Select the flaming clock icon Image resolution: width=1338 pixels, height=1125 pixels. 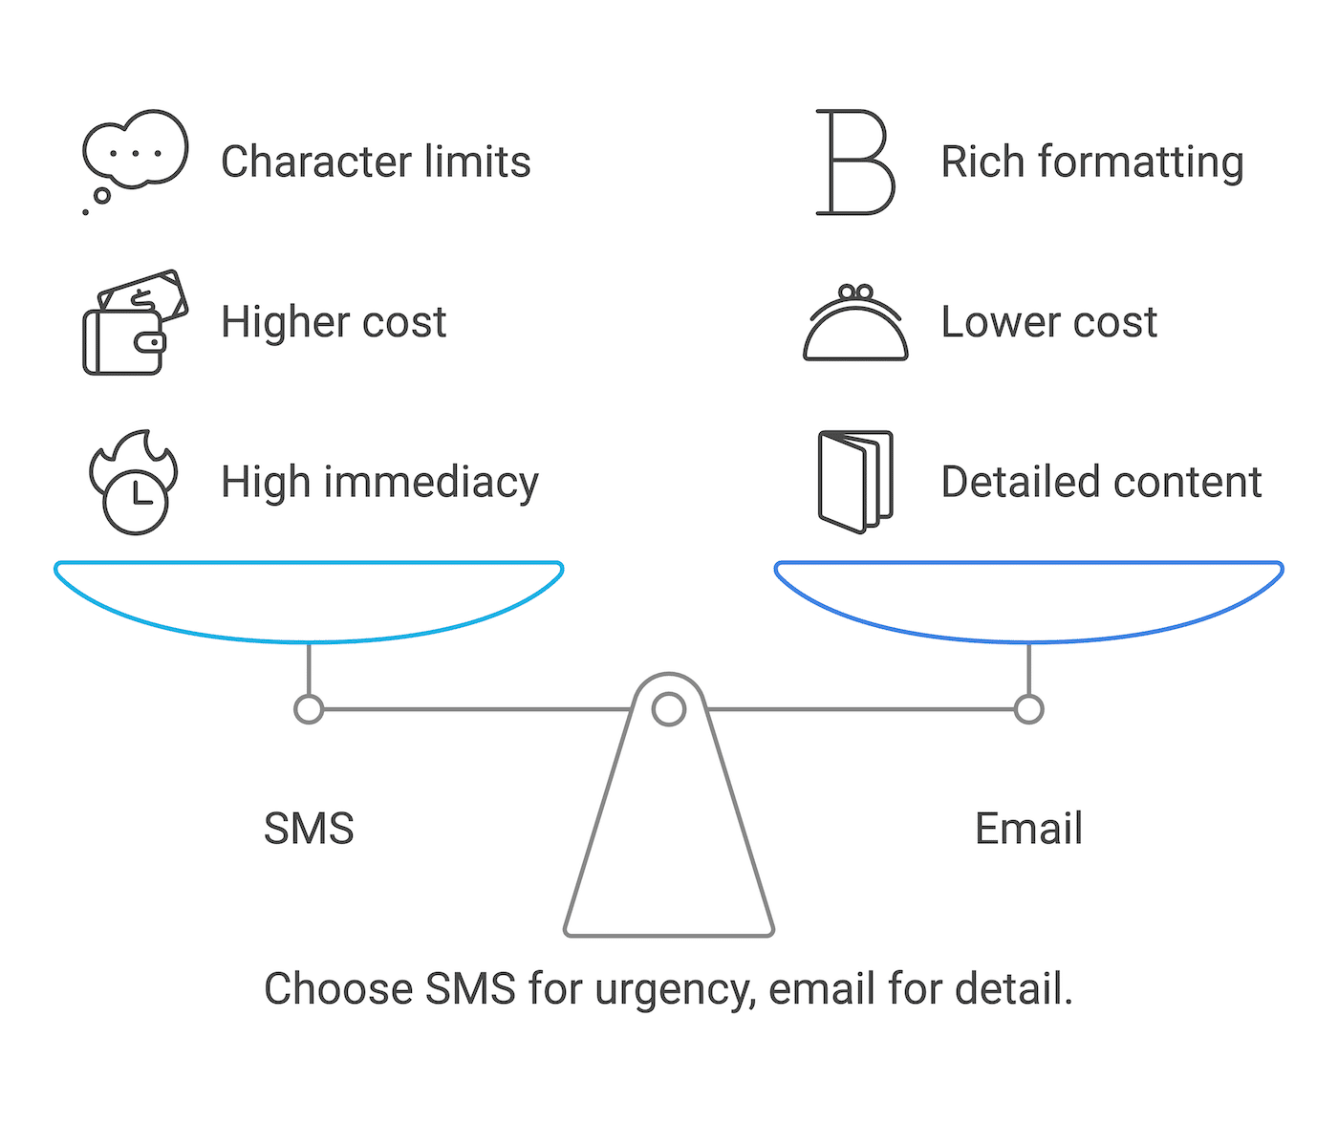pyautogui.click(x=135, y=483)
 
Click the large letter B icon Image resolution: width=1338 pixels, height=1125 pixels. pyautogui.click(x=854, y=162)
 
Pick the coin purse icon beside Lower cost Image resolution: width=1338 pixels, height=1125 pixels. pyautogui.click(x=855, y=325)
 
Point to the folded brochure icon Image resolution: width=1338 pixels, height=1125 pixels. pyautogui.click(x=855, y=481)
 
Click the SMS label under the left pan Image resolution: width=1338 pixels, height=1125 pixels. pyautogui.click(x=309, y=829)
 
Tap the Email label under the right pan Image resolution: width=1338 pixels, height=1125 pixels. pyautogui.click(x=1028, y=829)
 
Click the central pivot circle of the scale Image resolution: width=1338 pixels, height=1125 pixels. pyautogui.click(x=669, y=709)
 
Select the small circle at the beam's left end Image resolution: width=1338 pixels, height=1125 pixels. pyautogui.click(x=309, y=709)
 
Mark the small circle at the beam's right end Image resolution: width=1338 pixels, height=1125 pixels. pyautogui.click(x=1028, y=709)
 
